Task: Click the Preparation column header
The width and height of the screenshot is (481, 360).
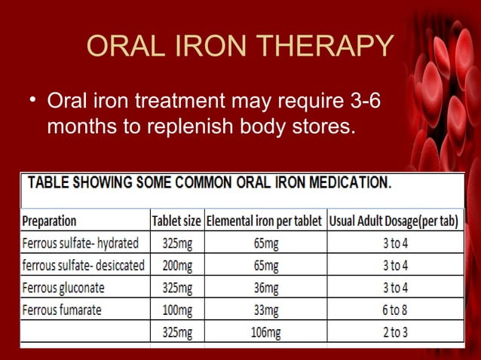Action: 50,221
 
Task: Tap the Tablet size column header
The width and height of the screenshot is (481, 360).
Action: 176,221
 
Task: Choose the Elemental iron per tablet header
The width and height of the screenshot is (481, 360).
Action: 265,221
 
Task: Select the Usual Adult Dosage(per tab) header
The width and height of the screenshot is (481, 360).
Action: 394,221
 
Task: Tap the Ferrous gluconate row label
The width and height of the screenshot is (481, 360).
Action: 63,288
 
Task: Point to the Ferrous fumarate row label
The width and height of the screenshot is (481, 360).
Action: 62,310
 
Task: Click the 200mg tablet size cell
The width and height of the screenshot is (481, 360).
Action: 176,265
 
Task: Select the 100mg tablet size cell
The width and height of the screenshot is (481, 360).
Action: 176,310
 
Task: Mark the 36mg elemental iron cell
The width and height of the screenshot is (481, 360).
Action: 265,288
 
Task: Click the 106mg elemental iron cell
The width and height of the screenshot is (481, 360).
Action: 265,332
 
